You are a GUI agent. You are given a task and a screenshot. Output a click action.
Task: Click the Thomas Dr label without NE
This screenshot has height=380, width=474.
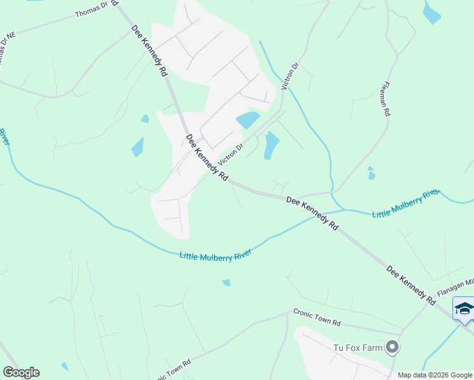92,13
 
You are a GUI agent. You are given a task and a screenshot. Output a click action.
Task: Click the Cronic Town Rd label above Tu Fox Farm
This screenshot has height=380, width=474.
317,317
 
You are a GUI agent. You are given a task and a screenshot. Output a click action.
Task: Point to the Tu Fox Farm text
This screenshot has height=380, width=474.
359,347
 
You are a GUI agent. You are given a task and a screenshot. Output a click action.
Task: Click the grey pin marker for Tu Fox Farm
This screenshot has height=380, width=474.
393,347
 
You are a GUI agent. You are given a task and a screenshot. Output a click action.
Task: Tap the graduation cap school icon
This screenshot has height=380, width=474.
464,308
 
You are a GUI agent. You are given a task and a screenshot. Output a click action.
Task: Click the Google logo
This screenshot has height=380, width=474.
21,372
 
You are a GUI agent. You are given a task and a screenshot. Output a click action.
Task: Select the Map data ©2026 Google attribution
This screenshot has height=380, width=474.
435,375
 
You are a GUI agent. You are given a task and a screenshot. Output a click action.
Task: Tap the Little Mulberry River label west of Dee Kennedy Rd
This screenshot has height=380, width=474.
215,255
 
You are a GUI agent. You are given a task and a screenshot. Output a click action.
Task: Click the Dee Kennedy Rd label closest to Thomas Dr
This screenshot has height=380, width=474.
150,51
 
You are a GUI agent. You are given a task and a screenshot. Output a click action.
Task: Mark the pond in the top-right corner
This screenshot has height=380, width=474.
431,13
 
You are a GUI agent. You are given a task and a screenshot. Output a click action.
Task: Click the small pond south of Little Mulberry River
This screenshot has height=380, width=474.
226,282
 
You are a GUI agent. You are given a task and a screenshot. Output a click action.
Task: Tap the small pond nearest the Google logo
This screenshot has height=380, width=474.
65,366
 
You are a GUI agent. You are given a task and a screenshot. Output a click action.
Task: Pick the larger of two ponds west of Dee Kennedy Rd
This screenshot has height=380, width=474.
138,147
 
